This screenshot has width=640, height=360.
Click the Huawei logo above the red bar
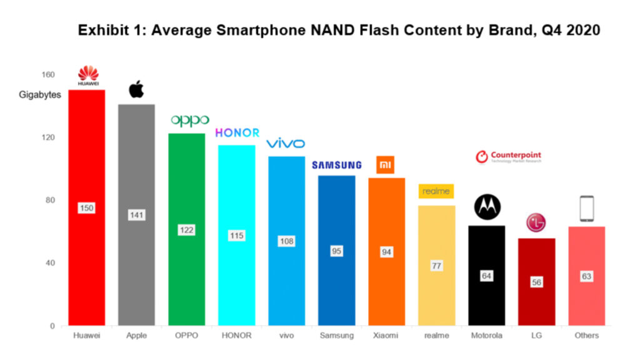point(88,75)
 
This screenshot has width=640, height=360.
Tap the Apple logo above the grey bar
point(136,89)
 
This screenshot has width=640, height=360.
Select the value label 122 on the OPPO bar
point(186,230)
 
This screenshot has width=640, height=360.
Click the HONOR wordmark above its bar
point(237,132)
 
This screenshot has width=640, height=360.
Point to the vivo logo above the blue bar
point(286,144)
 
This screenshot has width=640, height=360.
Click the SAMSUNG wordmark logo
point(337,165)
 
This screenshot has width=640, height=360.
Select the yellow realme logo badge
point(436,191)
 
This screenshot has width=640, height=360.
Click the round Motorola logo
point(486,207)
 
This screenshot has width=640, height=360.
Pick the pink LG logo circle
point(536,222)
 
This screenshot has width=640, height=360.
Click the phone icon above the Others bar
point(586,209)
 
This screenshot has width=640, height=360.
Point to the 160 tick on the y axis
point(48,75)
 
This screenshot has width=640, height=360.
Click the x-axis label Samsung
point(336,336)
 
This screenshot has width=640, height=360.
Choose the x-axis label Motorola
point(486,336)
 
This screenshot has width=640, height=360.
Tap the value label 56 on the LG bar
point(536,282)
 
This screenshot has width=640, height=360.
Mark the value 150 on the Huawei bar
point(87,208)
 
